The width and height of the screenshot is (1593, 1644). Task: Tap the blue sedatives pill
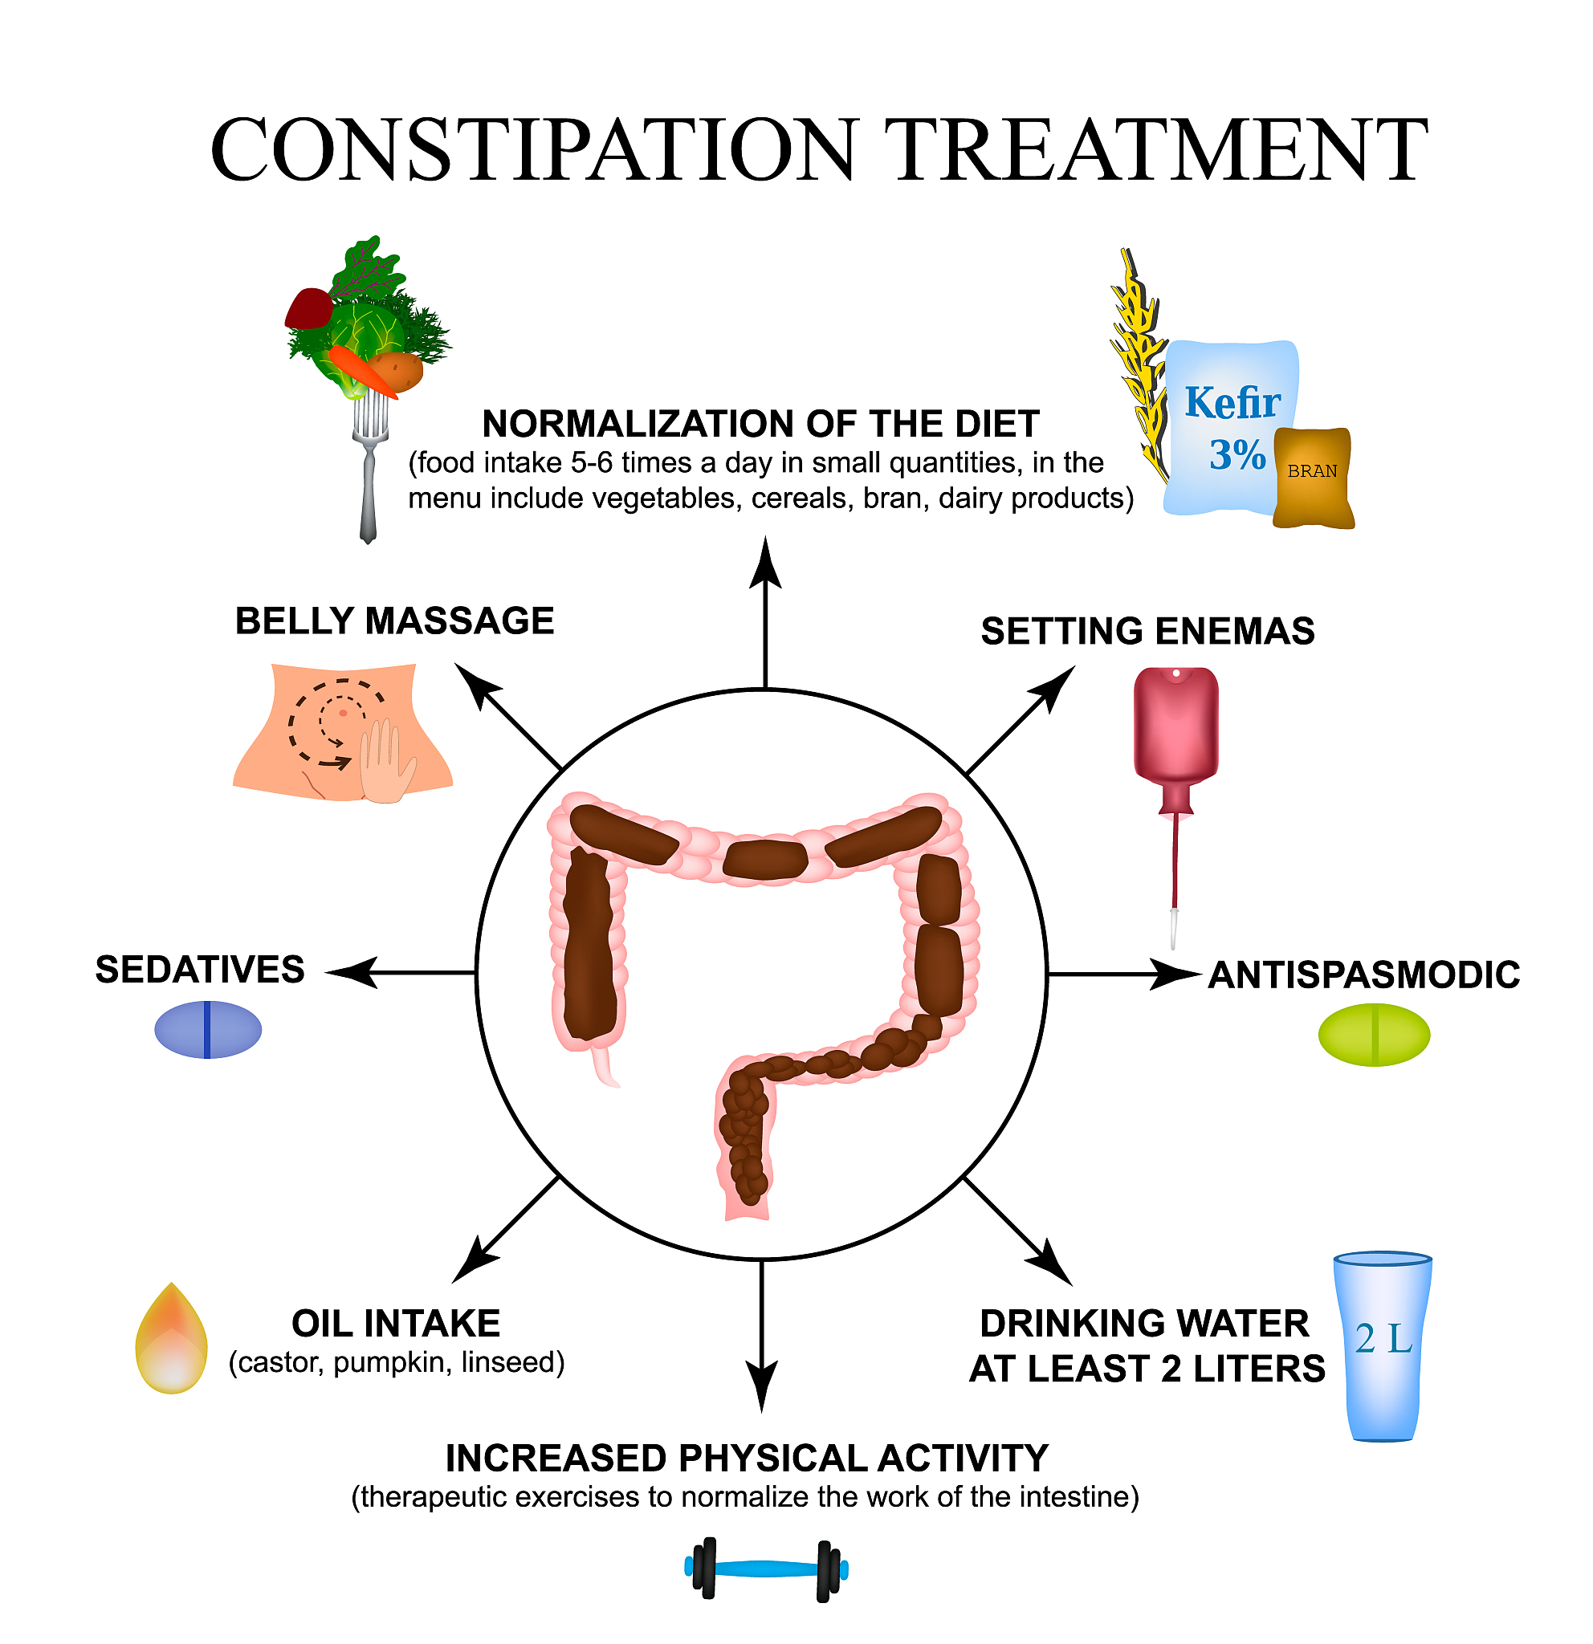click(208, 1029)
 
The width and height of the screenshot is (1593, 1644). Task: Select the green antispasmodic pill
click(1374, 1035)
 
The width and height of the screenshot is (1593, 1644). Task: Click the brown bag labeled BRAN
click(1313, 478)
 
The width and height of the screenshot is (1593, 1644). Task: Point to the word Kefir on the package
click(1232, 403)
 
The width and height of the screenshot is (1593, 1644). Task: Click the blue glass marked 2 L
click(1383, 1346)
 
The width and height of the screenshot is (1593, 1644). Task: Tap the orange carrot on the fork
click(362, 371)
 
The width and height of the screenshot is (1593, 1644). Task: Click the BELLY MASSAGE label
click(394, 621)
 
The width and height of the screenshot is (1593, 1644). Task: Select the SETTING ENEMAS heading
click(1147, 632)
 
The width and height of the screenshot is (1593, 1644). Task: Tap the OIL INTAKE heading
click(396, 1325)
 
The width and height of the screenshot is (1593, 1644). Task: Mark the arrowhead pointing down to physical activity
click(762, 1411)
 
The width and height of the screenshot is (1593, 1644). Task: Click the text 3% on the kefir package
click(1237, 454)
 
